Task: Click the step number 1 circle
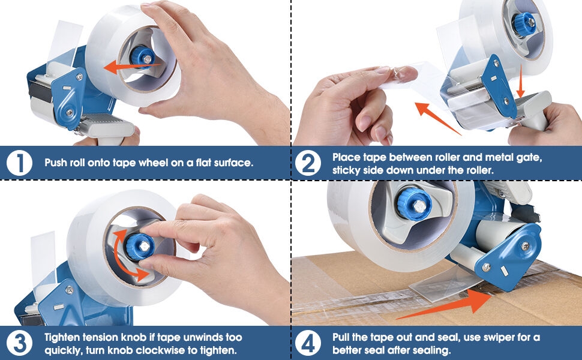tap(19, 163)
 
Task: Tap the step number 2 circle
tap(308, 163)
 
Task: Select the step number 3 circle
tap(19, 343)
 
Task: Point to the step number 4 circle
tap(308, 343)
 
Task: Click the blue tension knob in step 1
tap(143, 58)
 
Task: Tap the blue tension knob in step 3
tap(139, 246)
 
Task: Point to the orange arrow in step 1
tap(132, 67)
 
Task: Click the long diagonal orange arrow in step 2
tap(437, 118)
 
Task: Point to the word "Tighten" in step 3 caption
tap(62, 338)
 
